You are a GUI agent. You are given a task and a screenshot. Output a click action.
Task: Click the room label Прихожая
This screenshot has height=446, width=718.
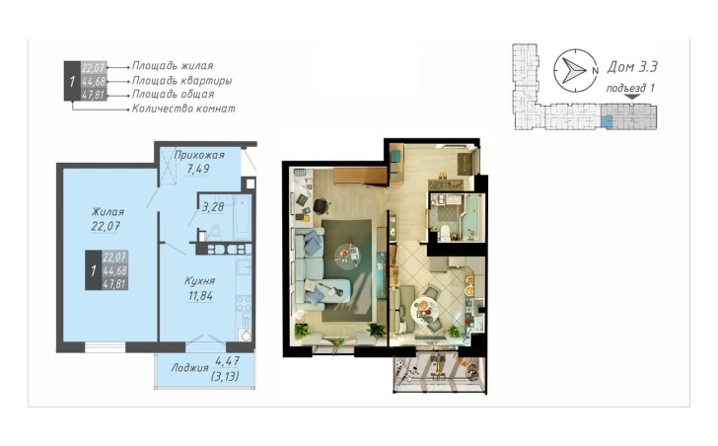pyautogui.click(x=199, y=155)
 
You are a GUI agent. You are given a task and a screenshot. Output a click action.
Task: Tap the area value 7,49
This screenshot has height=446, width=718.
pyautogui.click(x=198, y=169)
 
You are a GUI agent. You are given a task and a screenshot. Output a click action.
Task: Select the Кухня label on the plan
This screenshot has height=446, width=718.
pyautogui.click(x=200, y=280)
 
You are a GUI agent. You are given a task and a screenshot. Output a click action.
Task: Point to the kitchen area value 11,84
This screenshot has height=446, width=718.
pyautogui.click(x=200, y=296)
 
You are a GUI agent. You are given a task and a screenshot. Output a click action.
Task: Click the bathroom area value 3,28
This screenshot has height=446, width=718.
pyautogui.click(x=213, y=207)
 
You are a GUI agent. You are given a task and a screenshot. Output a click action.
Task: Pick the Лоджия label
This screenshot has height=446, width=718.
pyautogui.click(x=189, y=368)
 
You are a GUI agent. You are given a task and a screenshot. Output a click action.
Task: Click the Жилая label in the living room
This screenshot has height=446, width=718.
pyautogui.click(x=108, y=212)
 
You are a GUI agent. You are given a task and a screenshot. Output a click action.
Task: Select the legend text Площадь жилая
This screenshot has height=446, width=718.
pyautogui.click(x=173, y=66)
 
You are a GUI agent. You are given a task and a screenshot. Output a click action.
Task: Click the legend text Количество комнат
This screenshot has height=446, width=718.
pyautogui.click(x=183, y=109)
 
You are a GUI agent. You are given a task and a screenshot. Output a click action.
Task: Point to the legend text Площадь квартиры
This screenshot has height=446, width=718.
pyautogui.click(x=181, y=81)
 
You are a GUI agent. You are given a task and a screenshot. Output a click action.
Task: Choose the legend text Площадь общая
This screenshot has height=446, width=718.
pyautogui.click(x=174, y=95)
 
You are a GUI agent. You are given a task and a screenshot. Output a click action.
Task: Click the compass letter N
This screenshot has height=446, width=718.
pyautogui.click(x=595, y=70)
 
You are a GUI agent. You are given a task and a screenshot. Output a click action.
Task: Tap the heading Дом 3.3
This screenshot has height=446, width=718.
pyautogui.click(x=632, y=67)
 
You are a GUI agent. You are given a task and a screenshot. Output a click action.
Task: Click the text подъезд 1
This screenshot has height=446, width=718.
pyautogui.click(x=630, y=88)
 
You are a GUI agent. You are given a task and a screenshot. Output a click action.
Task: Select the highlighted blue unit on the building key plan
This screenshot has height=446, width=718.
pyautogui.click(x=606, y=121)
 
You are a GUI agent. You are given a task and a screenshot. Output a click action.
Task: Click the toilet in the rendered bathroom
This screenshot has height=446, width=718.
pyautogui.click(x=444, y=233)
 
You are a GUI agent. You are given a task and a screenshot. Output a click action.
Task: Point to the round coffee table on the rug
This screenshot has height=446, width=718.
pyautogui.click(x=347, y=255)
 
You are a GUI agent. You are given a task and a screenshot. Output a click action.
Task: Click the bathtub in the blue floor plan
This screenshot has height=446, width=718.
pyautogui.click(x=242, y=217)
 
